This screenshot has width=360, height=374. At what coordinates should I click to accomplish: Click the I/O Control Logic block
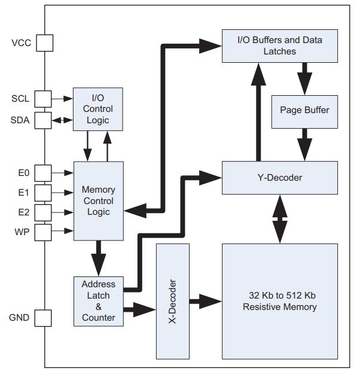(97, 109)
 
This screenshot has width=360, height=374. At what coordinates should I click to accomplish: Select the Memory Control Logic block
(98, 200)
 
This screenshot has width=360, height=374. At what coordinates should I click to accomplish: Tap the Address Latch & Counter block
(98, 300)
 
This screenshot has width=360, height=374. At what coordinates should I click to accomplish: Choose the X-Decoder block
(172, 300)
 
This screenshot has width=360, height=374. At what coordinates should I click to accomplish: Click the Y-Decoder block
(280, 177)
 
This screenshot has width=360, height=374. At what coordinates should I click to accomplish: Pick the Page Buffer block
(304, 111)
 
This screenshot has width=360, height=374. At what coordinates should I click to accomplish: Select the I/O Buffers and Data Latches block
(280, 45)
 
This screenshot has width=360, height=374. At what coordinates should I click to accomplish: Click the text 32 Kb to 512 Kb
(279, 296)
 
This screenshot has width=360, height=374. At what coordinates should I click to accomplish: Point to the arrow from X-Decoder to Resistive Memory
(205, 300)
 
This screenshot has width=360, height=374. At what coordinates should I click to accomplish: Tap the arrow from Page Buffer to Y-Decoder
(305, 144)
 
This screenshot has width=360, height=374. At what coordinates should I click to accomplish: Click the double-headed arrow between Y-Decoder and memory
(280, 218)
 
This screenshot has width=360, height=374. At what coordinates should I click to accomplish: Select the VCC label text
(21, 43)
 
